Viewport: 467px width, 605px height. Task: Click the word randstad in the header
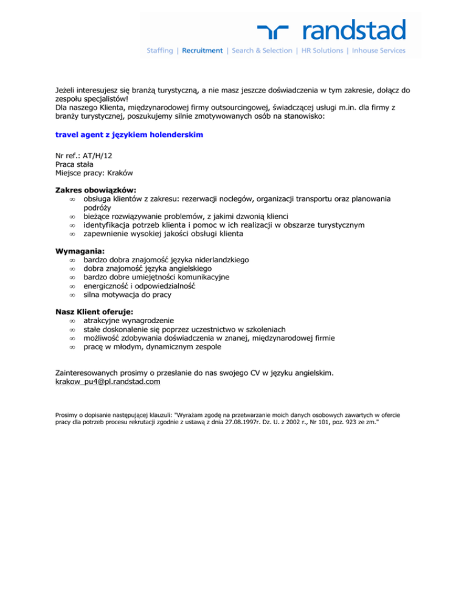[x=353, y=29]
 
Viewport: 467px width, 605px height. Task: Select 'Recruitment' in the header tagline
[x=202, y=51]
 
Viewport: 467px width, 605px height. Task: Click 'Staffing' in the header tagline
[x=160, y=51]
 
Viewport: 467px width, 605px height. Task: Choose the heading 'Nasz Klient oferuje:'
[x=94, y=312]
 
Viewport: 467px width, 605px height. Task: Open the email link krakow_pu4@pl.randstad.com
[x=108, y=382]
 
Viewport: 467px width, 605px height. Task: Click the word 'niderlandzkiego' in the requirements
[x=219, y=260]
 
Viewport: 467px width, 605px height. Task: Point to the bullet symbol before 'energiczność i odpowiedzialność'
[x=72, y=286]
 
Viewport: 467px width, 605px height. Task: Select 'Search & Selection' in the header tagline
[x=262, y=51]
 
